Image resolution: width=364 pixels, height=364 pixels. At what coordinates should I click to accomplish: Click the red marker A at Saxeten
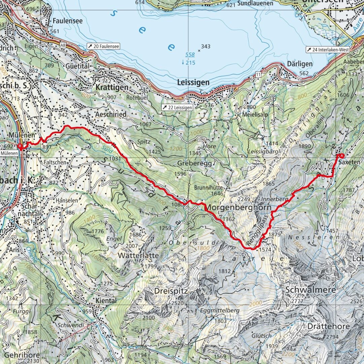(342, 156)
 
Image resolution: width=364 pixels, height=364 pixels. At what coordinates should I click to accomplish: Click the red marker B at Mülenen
(20, 146)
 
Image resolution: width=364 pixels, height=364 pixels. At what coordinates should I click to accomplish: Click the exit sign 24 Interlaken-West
(328, 49)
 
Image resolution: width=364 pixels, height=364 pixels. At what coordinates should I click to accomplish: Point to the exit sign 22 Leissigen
(177, 108)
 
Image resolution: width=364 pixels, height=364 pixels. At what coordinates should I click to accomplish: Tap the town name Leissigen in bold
(193, 82)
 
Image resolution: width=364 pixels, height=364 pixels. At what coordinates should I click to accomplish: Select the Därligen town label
(300, 64)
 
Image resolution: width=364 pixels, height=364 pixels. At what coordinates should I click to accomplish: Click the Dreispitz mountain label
(171, 290)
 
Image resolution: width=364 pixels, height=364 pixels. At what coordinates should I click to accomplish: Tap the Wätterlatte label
(138, 256)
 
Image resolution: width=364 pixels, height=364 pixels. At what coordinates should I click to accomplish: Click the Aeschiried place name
(110, 114)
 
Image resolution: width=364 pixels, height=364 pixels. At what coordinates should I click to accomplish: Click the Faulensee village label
(67, 21)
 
